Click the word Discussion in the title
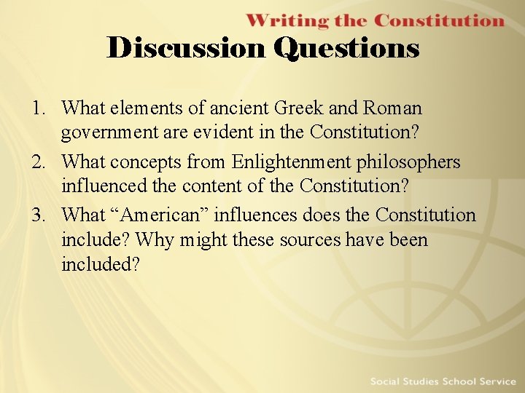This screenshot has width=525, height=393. [187, 48]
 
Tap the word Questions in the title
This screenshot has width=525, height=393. [346, 48]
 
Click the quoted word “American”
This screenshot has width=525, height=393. [167, 215]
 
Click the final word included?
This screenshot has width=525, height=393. [101, 264]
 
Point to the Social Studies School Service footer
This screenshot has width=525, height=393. [443, 381]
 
